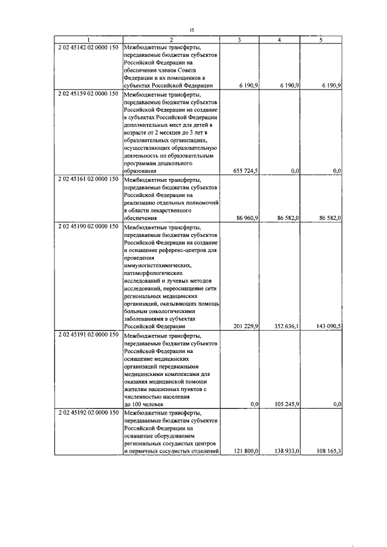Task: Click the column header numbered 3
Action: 239,40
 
